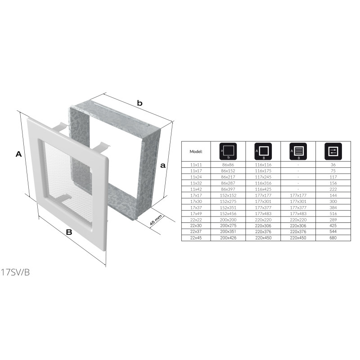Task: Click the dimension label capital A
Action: (x=18, y=154)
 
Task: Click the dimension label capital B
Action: (x=69, y=232)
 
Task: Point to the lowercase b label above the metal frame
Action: (x=139, y=103)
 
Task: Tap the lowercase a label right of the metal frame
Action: (x=163, y=165)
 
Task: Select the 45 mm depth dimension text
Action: (x=156, y=220)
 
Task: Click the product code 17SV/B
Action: (x=15, y=273)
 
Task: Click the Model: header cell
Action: (x=196, y=152)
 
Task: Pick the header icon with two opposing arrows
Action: (x=333, y=151)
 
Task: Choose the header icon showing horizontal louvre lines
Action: (x=298, y=151)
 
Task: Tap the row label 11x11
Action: (x=196, y=165)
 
